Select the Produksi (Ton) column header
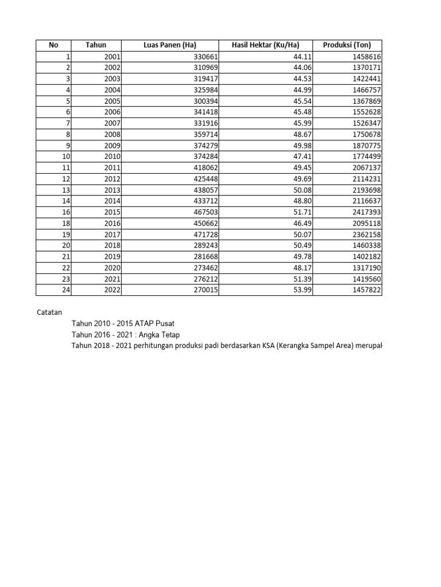(346, 45)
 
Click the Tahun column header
(95, 45)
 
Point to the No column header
(53, 45)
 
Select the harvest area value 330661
(204, 57)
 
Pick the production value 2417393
(366, 212)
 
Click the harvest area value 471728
(204, 234)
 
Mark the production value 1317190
(366, 268)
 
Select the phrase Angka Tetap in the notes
(157, 335)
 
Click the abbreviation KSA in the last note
(262, 346)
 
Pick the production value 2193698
(366, 190)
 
